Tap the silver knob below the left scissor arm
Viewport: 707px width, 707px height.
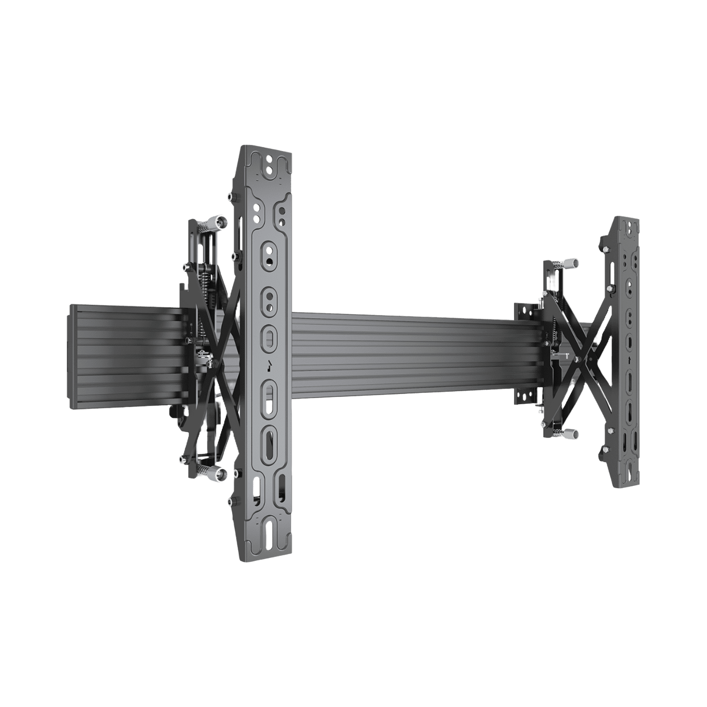(x=221, y=474)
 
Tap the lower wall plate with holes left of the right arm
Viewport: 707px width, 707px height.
(x=526, y=396)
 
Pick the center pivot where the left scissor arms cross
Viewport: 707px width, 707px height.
(x=214, y=362)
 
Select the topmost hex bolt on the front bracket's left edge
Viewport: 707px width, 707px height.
(x=230, y=197)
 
